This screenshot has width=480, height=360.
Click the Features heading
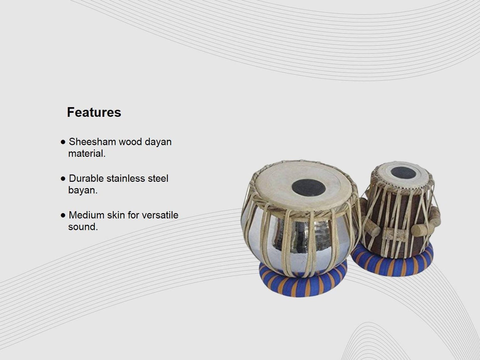tap(94, 112)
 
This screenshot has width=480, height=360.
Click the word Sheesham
tap(93, 142)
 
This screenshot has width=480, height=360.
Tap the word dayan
tap(158, 142)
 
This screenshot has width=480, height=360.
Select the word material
tap(87, 153)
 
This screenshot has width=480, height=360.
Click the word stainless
tap(126, 178)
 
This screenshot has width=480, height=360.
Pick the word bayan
tap(83, 191)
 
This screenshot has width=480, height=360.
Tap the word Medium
tap(86, 215)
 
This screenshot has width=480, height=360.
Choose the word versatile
tap(160, 215)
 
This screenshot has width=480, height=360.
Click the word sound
tap(83, 227)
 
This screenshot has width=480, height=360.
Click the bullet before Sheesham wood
tap(63, 142)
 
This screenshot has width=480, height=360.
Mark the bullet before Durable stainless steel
tap(63, 179)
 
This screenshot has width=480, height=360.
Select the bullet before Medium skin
tap(63, 216)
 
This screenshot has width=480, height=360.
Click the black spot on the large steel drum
tap(309, 188)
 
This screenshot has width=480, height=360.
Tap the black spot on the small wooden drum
tap(403, 172)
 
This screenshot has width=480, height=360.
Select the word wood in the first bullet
tap(130, 142)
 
